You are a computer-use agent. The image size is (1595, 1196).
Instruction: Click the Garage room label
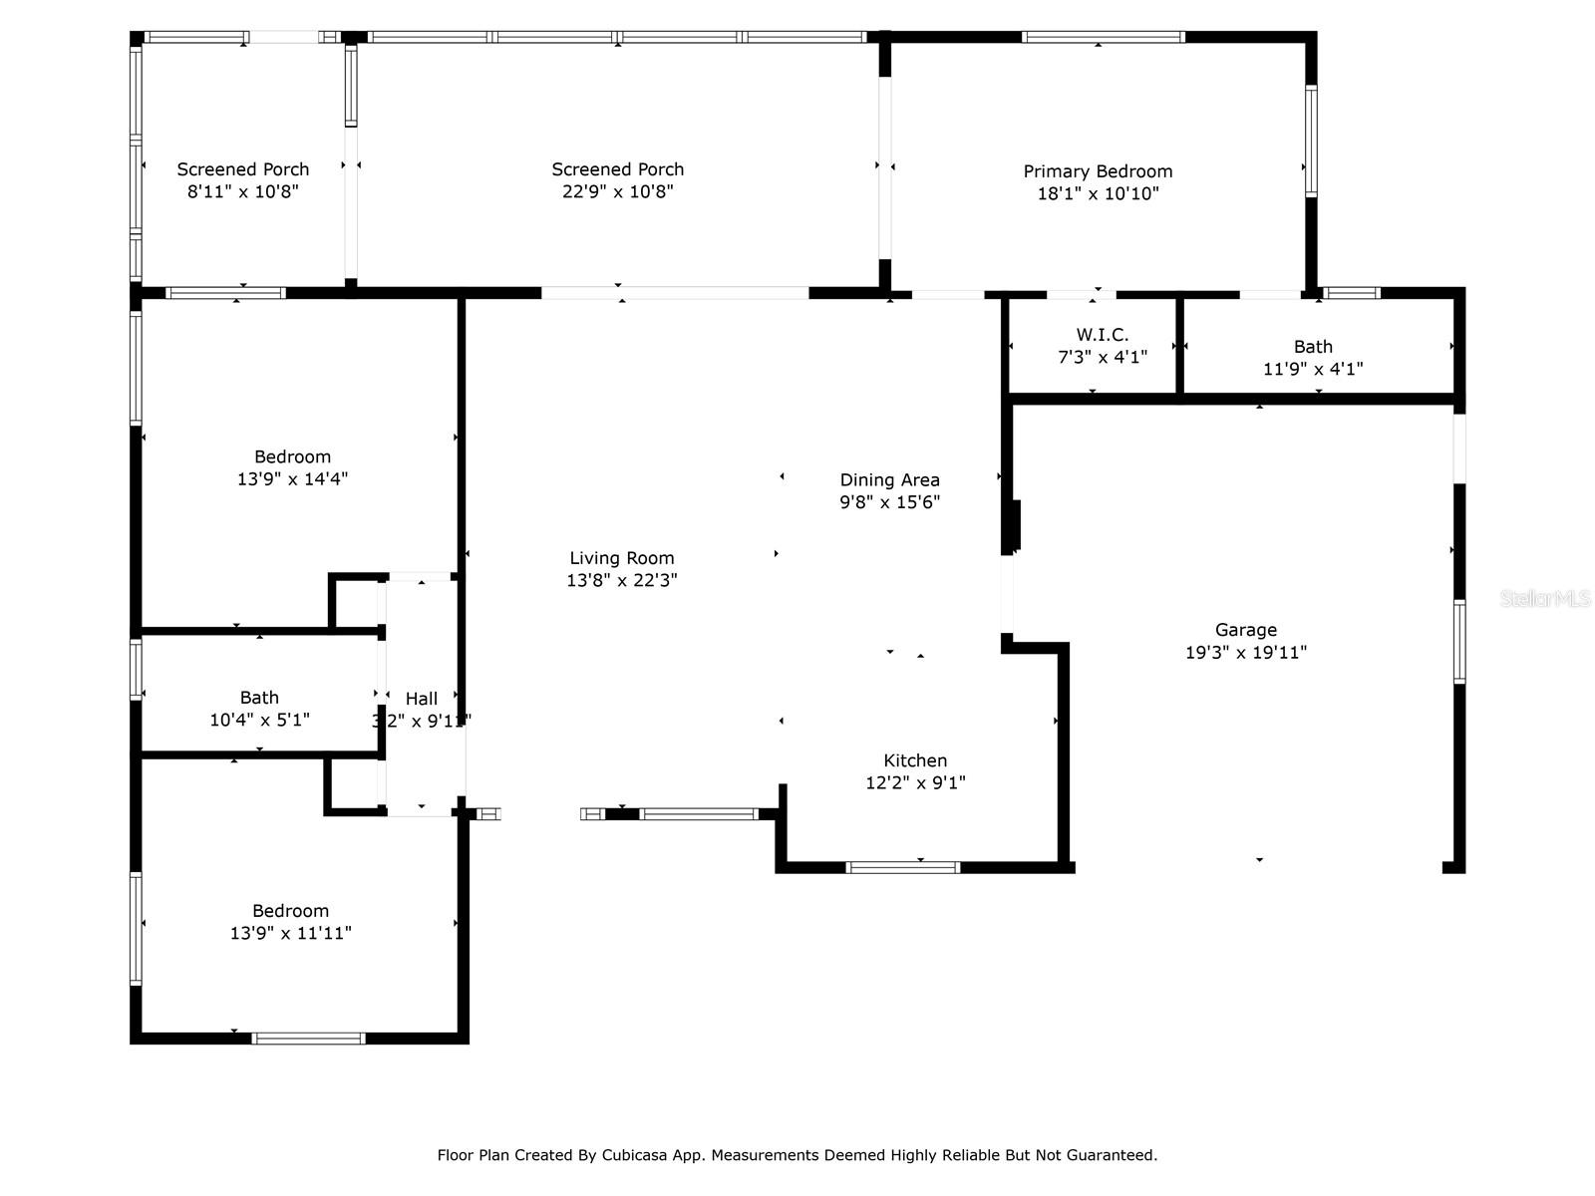pos(1245,630)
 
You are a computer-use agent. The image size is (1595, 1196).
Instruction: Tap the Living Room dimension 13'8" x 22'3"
pos(622,580)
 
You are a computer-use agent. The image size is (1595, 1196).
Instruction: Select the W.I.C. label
pos(1103,335)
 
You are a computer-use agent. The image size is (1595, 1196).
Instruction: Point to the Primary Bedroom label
pos(1098,171)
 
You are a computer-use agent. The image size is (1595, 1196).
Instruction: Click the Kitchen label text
pos(915,760)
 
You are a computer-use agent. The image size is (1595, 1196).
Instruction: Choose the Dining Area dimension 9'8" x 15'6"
pos(889,502)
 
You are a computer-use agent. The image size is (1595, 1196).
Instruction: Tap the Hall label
pos(422,699)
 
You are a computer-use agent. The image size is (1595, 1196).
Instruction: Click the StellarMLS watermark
pos(1544,599)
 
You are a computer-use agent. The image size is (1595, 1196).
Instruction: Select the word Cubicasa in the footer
pos(635,1155)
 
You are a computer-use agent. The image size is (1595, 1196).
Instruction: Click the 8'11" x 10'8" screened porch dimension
pos(243,191)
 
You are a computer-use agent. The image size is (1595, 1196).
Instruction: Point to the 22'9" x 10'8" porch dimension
pos(618,191)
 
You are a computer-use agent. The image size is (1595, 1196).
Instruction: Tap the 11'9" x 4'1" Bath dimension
pos(1313,369)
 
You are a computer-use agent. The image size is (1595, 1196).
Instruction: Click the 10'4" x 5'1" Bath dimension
pos(259,720)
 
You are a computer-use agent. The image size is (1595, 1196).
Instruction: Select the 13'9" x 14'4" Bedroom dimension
pos(292,479)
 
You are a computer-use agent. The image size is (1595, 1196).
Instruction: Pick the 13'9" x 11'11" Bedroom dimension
pos(290,934)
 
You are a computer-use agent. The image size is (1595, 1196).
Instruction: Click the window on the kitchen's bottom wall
pos(903,867)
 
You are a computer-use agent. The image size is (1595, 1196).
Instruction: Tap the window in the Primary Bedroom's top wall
pos(1103,38)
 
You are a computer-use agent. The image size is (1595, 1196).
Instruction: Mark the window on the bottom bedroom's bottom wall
pos(309,1039)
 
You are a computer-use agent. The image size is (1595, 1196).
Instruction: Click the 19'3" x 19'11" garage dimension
pos(1245,653)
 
